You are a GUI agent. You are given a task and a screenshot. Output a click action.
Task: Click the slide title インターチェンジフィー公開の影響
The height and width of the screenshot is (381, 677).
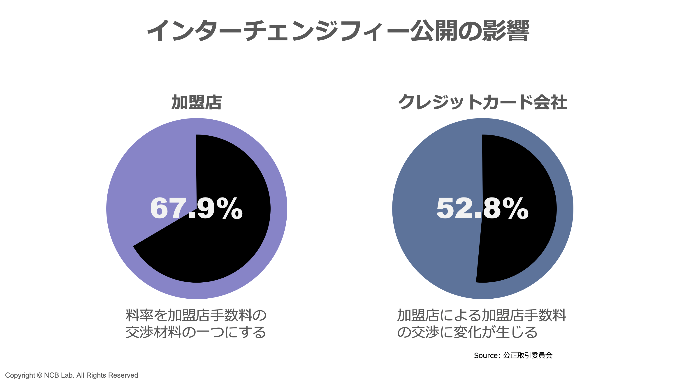338,31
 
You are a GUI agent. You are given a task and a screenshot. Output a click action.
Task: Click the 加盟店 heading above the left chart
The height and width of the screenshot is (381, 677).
197,102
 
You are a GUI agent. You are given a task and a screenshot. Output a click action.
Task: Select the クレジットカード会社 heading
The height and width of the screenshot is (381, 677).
482,102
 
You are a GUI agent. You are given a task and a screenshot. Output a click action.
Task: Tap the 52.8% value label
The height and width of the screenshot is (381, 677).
482,208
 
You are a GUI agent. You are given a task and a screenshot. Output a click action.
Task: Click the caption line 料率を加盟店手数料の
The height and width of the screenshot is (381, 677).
196,315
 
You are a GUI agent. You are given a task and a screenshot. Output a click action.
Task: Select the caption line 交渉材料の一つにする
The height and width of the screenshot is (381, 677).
196,332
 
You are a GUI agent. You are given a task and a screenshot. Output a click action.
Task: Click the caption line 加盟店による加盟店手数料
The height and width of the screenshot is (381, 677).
482,315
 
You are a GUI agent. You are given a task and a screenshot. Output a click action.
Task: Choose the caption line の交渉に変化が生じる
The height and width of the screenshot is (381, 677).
467,332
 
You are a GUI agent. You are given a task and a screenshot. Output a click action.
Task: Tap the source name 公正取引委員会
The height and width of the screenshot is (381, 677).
528,355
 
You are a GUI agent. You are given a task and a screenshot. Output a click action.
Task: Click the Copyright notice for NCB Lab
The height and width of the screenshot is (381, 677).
72,375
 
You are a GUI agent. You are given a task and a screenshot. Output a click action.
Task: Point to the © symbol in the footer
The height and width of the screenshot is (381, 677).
39,375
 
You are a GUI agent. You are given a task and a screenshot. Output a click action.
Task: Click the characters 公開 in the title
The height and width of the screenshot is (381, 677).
434,31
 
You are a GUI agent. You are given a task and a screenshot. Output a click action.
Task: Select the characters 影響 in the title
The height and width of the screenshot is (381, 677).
506,31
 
